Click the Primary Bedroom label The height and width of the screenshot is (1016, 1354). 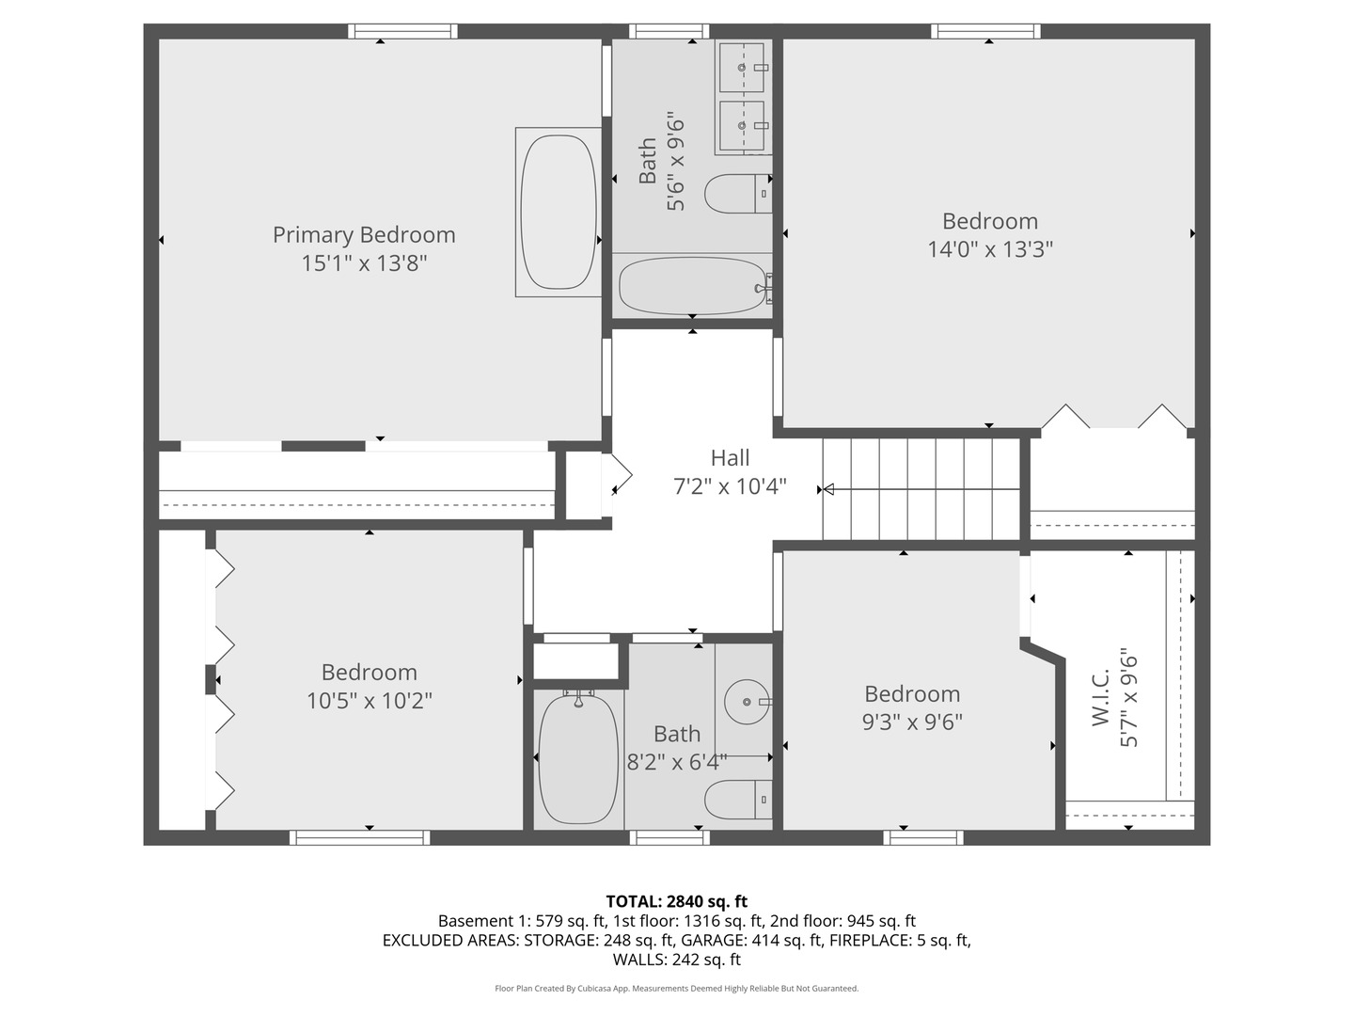[364, 234]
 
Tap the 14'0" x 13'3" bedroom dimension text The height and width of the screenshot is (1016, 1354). [989, 249]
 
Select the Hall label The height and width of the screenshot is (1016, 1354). [730, 458]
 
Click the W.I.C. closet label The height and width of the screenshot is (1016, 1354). [1102, 697]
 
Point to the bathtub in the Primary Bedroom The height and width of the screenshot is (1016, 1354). [559, 212]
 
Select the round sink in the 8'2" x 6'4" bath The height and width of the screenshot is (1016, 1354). [748, 702]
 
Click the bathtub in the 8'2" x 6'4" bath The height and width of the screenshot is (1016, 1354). [578, 758]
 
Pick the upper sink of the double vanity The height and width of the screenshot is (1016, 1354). [744, 67]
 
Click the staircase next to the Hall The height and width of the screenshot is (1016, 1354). [921, 489]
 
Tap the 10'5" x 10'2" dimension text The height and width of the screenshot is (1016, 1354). [369, 701]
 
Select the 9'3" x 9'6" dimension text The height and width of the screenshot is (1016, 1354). [912, 722]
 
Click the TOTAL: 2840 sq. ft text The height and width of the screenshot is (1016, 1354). [676, 901]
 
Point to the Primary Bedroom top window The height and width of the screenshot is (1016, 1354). [402, 31]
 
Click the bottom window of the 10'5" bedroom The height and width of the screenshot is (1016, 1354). [359, 837]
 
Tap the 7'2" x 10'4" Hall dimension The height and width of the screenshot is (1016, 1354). [730, 486]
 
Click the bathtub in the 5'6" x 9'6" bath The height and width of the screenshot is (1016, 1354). [692, 286]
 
